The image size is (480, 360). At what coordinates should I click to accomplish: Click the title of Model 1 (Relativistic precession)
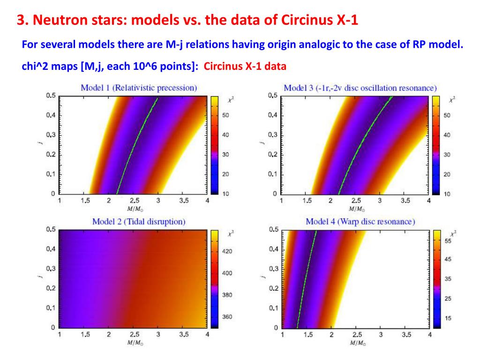click(x=138, y=87)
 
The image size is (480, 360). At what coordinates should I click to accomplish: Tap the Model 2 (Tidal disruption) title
click(x=139, y=221)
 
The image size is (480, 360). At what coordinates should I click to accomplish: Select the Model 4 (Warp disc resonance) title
click(x=360, y=221)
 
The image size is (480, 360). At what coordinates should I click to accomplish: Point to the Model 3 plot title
click(x=360, y=88)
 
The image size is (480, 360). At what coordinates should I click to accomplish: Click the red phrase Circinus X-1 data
click(x=245, y=66)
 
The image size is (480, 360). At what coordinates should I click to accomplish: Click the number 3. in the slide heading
click(x=22, y=21)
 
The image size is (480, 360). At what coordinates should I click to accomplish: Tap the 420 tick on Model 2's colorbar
click(x=226, y=252)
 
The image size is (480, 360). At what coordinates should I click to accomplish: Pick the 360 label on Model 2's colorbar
click(x=226, y=317)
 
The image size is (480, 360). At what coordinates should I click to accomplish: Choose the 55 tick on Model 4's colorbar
click(x=448, y=241)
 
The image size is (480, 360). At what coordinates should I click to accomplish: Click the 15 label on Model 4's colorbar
click(x=448, y=318)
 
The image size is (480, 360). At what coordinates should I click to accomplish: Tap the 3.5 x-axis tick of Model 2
click(x=183, y=335)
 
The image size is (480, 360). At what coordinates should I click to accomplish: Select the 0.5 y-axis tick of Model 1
click(x=51, y=96)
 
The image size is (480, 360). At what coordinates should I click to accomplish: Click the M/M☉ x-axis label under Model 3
click(x=355, y=208)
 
